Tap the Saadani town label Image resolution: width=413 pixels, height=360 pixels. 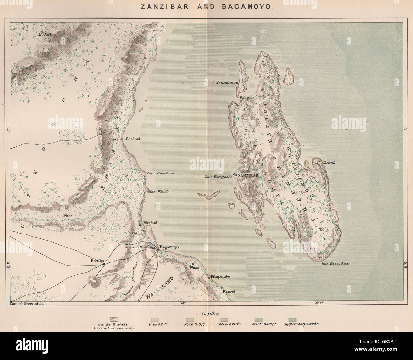(133, 139)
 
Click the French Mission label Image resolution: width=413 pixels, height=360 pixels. (139, 247)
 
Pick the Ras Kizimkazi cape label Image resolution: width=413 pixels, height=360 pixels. (333, 264)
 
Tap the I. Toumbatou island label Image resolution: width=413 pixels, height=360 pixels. (225, 82)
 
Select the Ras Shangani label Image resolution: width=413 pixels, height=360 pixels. (217, 177)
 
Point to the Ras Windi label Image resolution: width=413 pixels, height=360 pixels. (158, 191)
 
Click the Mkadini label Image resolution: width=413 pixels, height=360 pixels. (150, 223)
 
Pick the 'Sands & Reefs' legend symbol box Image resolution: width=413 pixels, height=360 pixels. (114, 319)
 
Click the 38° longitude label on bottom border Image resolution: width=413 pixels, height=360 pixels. (182, 303)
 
